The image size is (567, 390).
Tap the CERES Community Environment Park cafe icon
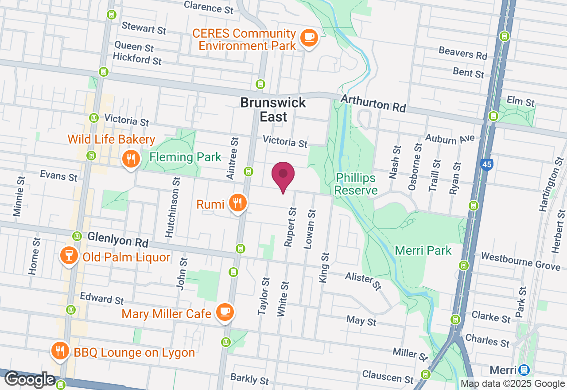308,38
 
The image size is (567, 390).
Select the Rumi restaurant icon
238,203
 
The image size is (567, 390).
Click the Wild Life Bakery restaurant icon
131,158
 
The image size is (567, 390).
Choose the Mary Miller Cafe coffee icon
225,312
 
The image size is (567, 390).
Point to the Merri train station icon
524,370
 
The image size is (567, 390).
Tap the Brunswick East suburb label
273,109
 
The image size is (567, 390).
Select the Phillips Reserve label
356,184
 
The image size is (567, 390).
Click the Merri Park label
423,250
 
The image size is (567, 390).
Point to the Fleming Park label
185,157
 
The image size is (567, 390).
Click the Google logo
30,380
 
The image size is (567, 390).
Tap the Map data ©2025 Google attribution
513,384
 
